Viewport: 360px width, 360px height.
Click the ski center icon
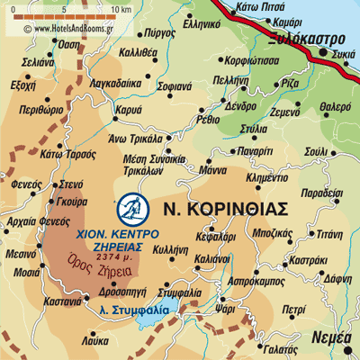[x=130, y=208]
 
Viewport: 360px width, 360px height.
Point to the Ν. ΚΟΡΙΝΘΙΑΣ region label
[x=226, y=209]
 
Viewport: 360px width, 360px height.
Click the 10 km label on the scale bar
[x=121, y=11]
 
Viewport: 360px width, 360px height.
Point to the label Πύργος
[x=158, y=31]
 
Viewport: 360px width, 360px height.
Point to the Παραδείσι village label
[x=321, y=193]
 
